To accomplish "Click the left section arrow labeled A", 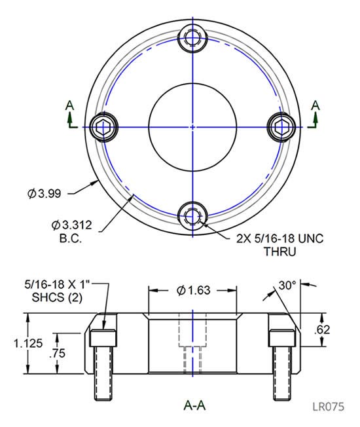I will pos(71,111).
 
